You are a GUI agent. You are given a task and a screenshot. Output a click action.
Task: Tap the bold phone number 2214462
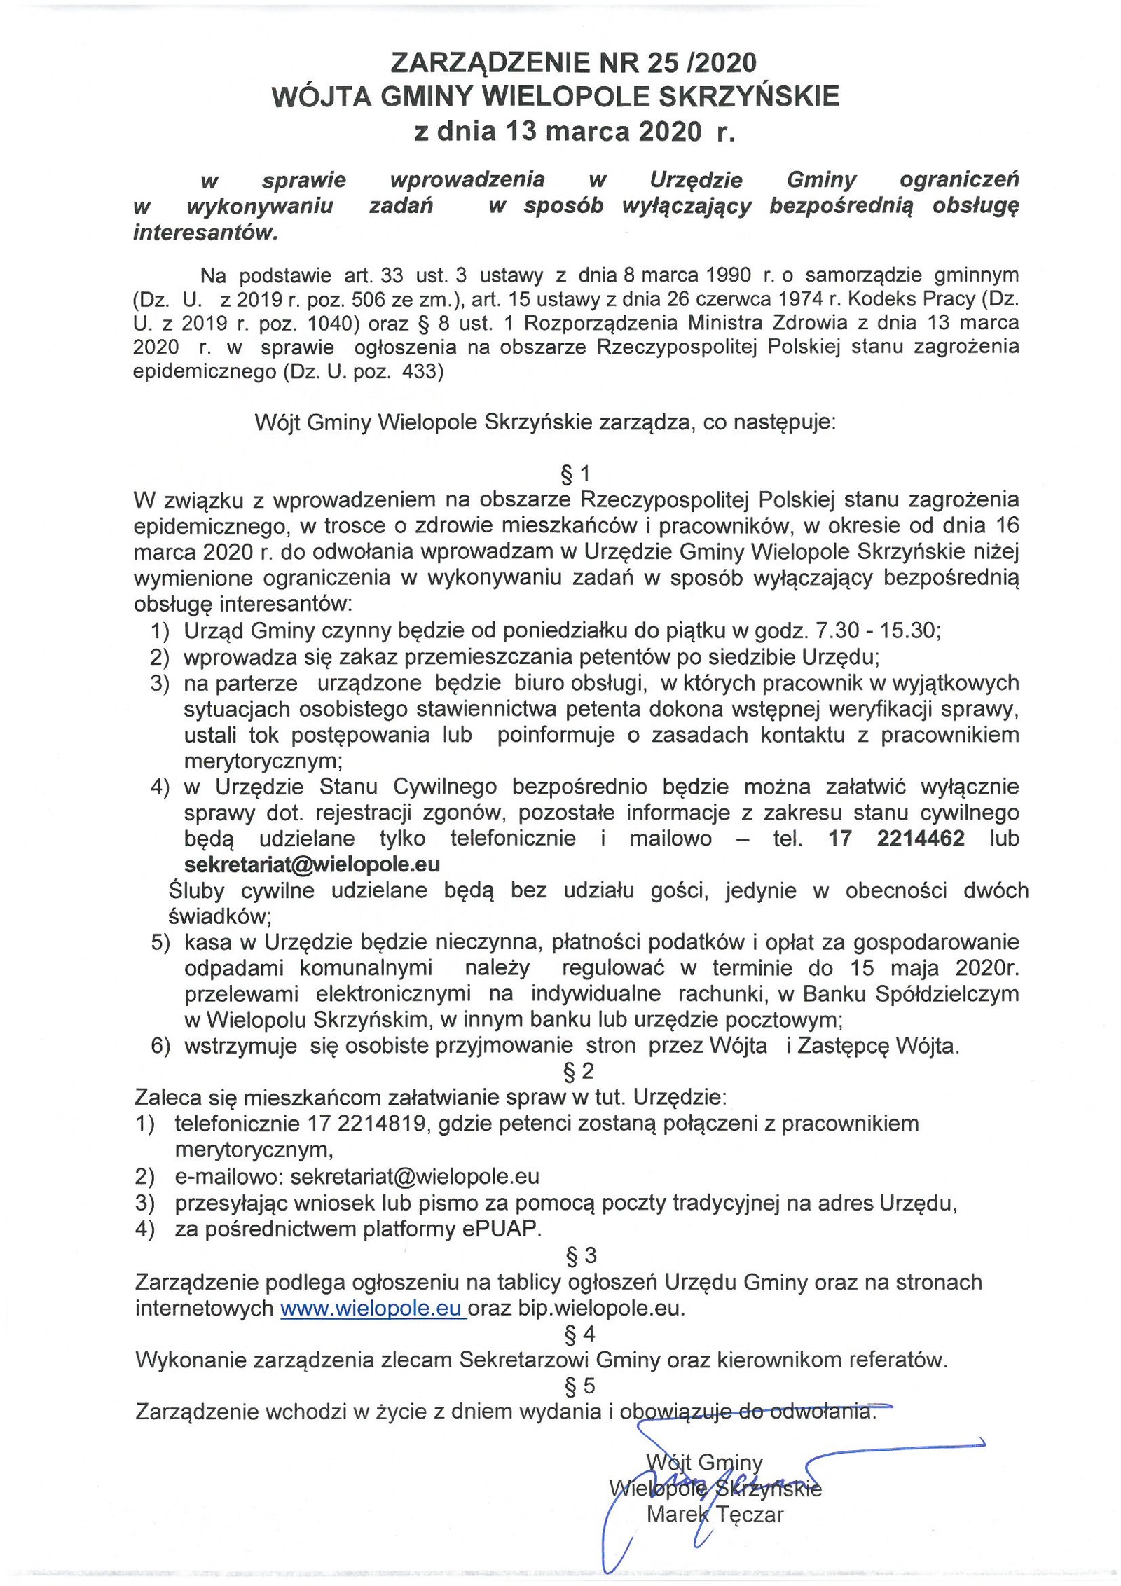click(920, 839)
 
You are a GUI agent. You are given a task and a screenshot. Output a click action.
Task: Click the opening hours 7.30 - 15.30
click(877, 631)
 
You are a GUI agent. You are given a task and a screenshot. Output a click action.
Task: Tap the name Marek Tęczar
click(715, 1514)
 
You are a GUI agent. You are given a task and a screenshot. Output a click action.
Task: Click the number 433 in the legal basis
click(422, 371)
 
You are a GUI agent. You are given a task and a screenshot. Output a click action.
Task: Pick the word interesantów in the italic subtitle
click(205, 233)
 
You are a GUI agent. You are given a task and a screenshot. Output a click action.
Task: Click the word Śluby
click(197, 891)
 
